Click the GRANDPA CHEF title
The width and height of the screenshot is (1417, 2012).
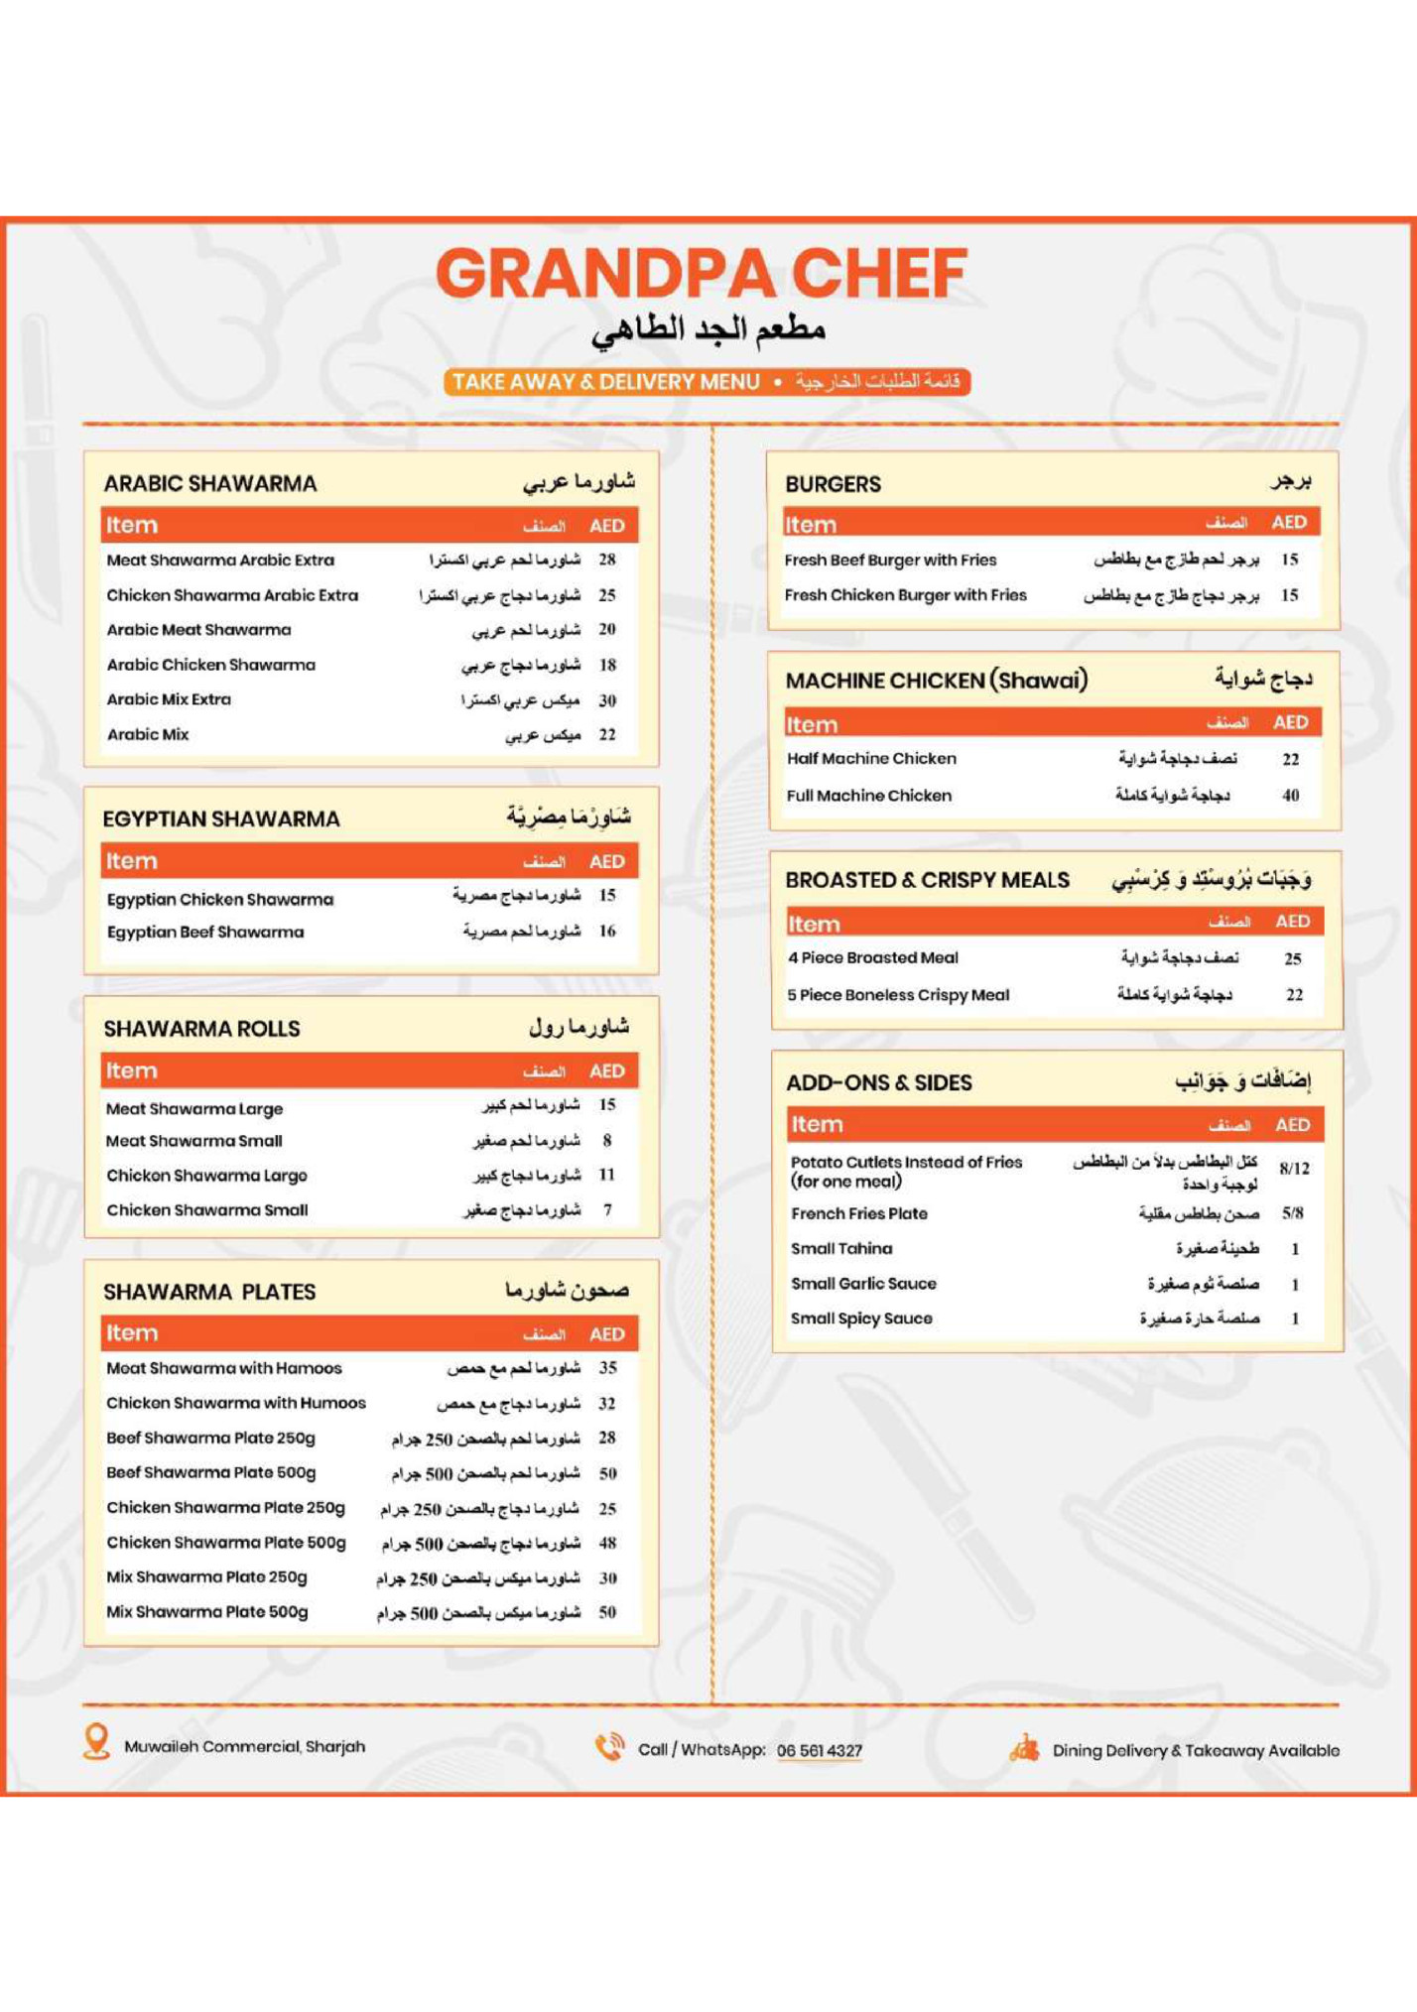(x=702, y=274)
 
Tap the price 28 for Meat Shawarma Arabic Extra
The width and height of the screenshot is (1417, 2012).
(x=607, y=560)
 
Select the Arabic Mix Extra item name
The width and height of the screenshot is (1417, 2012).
(x=169, y=699)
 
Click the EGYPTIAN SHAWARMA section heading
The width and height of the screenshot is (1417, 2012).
(x=221, y=818)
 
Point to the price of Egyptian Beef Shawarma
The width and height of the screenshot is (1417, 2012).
(x=607, y=932)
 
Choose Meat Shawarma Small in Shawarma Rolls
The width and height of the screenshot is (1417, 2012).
(x=194, y=1141)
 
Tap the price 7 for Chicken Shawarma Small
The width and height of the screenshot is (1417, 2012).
(x=607, y=1210)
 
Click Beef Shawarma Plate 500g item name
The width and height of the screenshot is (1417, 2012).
(x=211, y=1473)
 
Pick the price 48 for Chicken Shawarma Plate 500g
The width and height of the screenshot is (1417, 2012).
(x=607, y=1544)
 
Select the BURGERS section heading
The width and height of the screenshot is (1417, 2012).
(x=833, y=484)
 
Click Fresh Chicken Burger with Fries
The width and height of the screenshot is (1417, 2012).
(x=905, y=595)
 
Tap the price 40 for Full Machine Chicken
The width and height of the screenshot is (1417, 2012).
(x=1290, y=796)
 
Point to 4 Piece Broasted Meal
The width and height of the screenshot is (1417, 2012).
(x=873, y=958)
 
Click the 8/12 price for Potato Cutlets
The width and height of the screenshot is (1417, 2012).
(x=1294, y=1169)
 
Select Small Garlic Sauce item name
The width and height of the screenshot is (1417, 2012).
(x=863, y=1284)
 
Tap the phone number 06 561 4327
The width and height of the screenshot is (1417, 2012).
(x=820, y=1751)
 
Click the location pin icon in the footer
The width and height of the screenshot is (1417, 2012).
(x=96, y=1742)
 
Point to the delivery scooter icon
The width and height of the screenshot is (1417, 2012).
(x=1024, y=1748)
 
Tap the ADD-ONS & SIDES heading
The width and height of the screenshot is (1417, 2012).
(x=879, y=1082)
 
